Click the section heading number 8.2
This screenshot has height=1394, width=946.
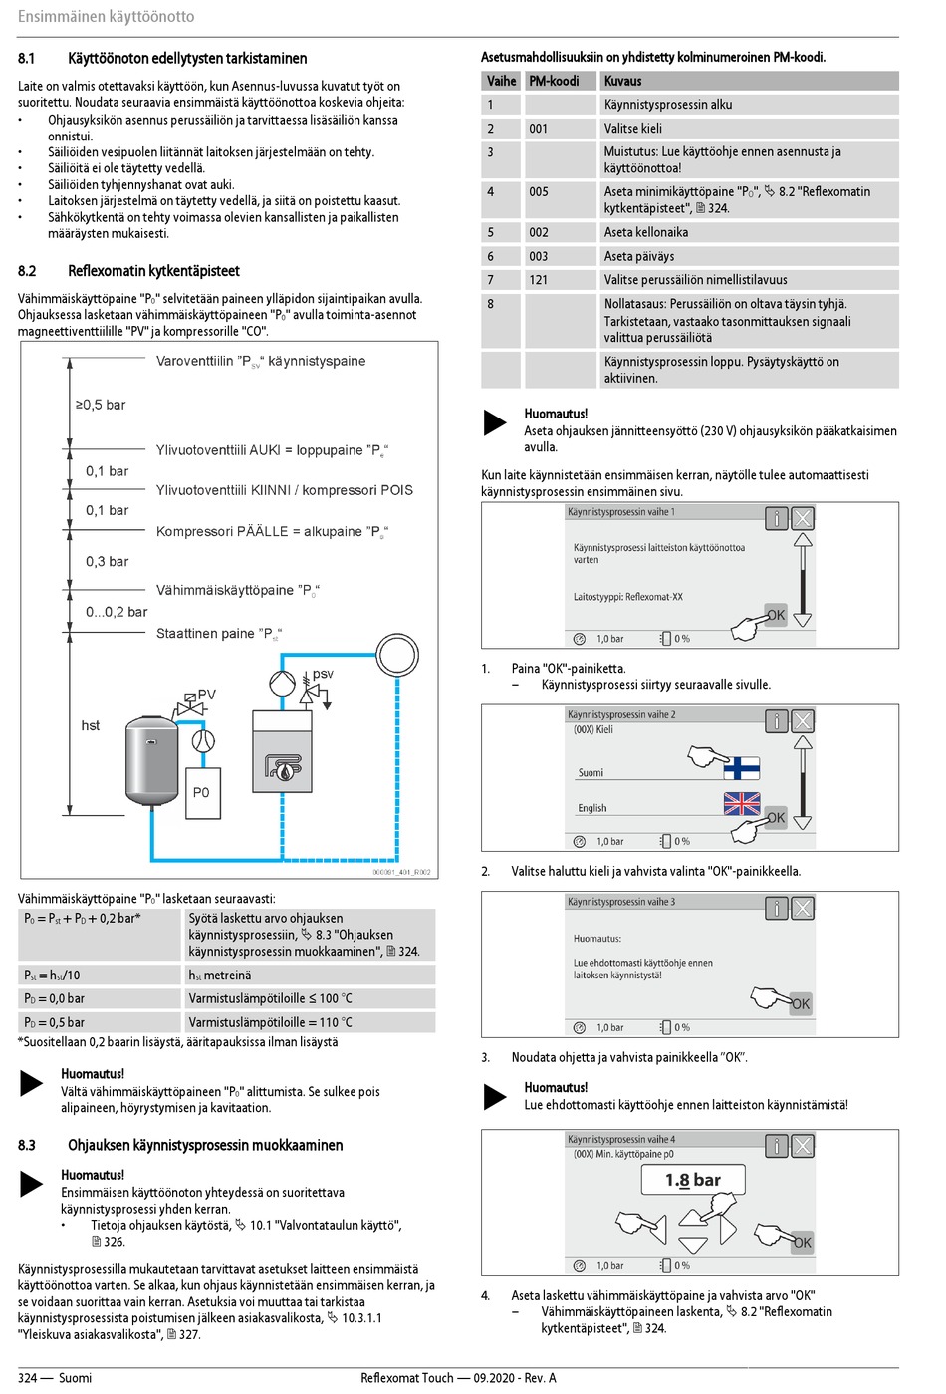(x=27, y=271)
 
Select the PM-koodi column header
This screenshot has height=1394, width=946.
(x=554, y=81)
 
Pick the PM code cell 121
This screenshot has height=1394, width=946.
(x=539, y=280)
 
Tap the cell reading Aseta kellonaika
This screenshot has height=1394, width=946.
(x=646, y=232)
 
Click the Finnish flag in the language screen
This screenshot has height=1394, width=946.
(x=741, y=768)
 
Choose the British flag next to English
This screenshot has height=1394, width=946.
(x=742, y=803)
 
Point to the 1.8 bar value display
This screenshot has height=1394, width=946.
(x=693, y=1180)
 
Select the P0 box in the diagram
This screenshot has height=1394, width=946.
(x=202, y=793)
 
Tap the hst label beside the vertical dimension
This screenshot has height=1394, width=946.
(x=91, y=725)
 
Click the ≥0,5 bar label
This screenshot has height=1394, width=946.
(x=101, y=405)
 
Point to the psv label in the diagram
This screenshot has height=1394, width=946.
(x=323, y=674)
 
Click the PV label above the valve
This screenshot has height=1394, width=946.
(x=206, y=695)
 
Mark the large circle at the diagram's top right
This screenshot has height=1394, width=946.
(x=396, y=657)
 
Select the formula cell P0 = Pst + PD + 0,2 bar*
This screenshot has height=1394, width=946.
(x=83, y=918)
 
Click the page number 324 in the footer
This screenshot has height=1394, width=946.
(x=27, y=1378)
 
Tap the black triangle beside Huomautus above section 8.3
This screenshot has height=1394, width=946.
(x=32, y=1082)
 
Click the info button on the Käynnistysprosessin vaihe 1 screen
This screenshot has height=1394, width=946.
(x=776, y=518)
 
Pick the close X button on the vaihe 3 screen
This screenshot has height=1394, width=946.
(x=802, y=908)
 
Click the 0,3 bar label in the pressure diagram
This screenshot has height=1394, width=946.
(x=107, y=561)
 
